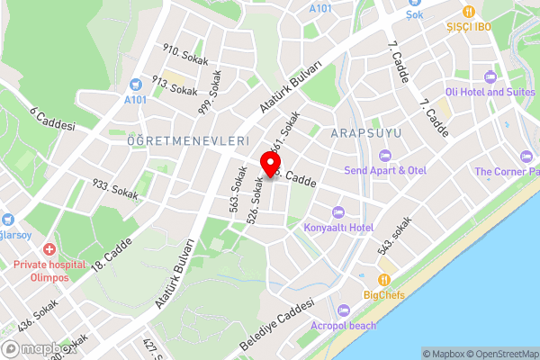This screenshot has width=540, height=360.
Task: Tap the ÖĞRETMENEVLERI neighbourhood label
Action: click(x=187, y=141)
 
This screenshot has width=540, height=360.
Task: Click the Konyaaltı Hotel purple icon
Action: click(x=338, y=212)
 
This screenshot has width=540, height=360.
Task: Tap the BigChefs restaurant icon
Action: click(x=384, y=279)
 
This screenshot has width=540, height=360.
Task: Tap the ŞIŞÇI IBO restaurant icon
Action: click(x=469, y=12)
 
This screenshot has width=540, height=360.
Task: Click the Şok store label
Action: click(x=414, y=15)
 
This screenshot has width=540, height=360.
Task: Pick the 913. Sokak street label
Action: click(x=174, y=85)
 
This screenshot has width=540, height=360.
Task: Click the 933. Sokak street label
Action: click(x=115, y=189)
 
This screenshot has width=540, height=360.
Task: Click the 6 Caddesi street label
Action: click(x=51, y=118)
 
